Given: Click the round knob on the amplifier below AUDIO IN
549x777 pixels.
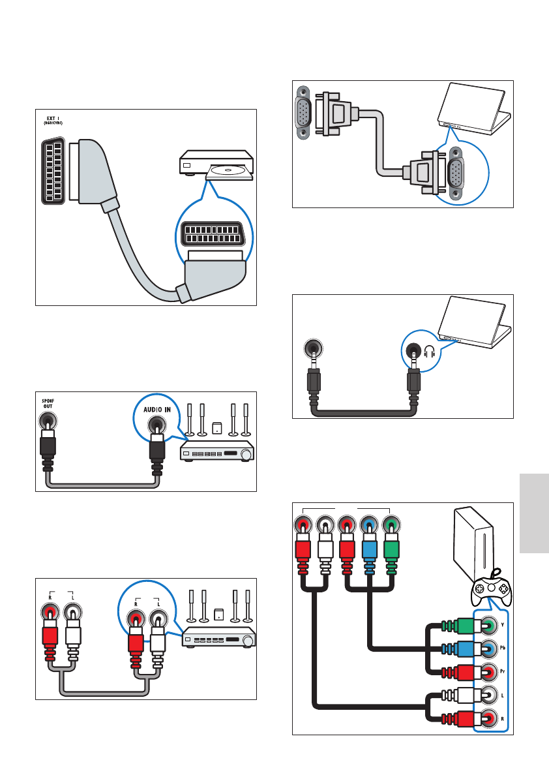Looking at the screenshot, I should coord(246,453).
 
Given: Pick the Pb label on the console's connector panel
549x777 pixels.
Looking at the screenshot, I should coord(502,648).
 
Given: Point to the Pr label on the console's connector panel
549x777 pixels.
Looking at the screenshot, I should coord(502,671).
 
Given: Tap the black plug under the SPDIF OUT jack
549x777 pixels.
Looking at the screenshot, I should coord(47,450).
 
